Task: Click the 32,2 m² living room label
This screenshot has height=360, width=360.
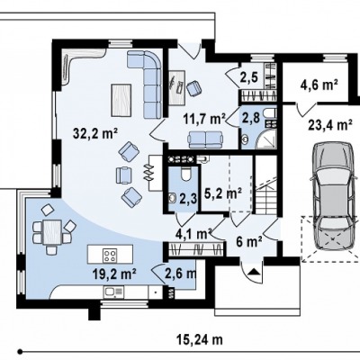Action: tap(95, 134)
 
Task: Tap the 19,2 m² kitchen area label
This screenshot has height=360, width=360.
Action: tap(115, 274)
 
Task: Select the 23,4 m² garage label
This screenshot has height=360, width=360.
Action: tap(330, 124)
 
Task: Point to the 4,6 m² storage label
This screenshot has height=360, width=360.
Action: tap(319, 85)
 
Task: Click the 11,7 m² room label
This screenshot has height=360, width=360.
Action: tap(204, 119)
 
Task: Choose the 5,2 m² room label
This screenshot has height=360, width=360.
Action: tap(223, 193)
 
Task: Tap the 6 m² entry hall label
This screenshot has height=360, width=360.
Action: tap(249, 241)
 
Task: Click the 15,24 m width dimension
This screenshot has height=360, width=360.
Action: tap(199, 339)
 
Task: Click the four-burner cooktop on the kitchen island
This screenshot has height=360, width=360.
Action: tap(110, 256)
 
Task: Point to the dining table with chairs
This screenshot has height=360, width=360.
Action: tap(51, 232)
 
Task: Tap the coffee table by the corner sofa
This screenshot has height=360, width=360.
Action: tap(121, 100)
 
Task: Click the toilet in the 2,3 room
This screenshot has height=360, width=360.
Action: tap(186, 174)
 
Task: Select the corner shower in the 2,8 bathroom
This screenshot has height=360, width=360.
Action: tap(265, 139)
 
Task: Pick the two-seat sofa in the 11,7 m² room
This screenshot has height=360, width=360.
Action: tap(205, 139)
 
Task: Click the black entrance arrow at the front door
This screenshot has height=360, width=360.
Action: tap(254, 272)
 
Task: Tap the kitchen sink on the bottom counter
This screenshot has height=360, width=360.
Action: tap(113, 292)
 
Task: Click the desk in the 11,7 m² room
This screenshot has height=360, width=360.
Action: tap(176, 87)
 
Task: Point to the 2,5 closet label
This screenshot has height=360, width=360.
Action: tap(249, 77)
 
